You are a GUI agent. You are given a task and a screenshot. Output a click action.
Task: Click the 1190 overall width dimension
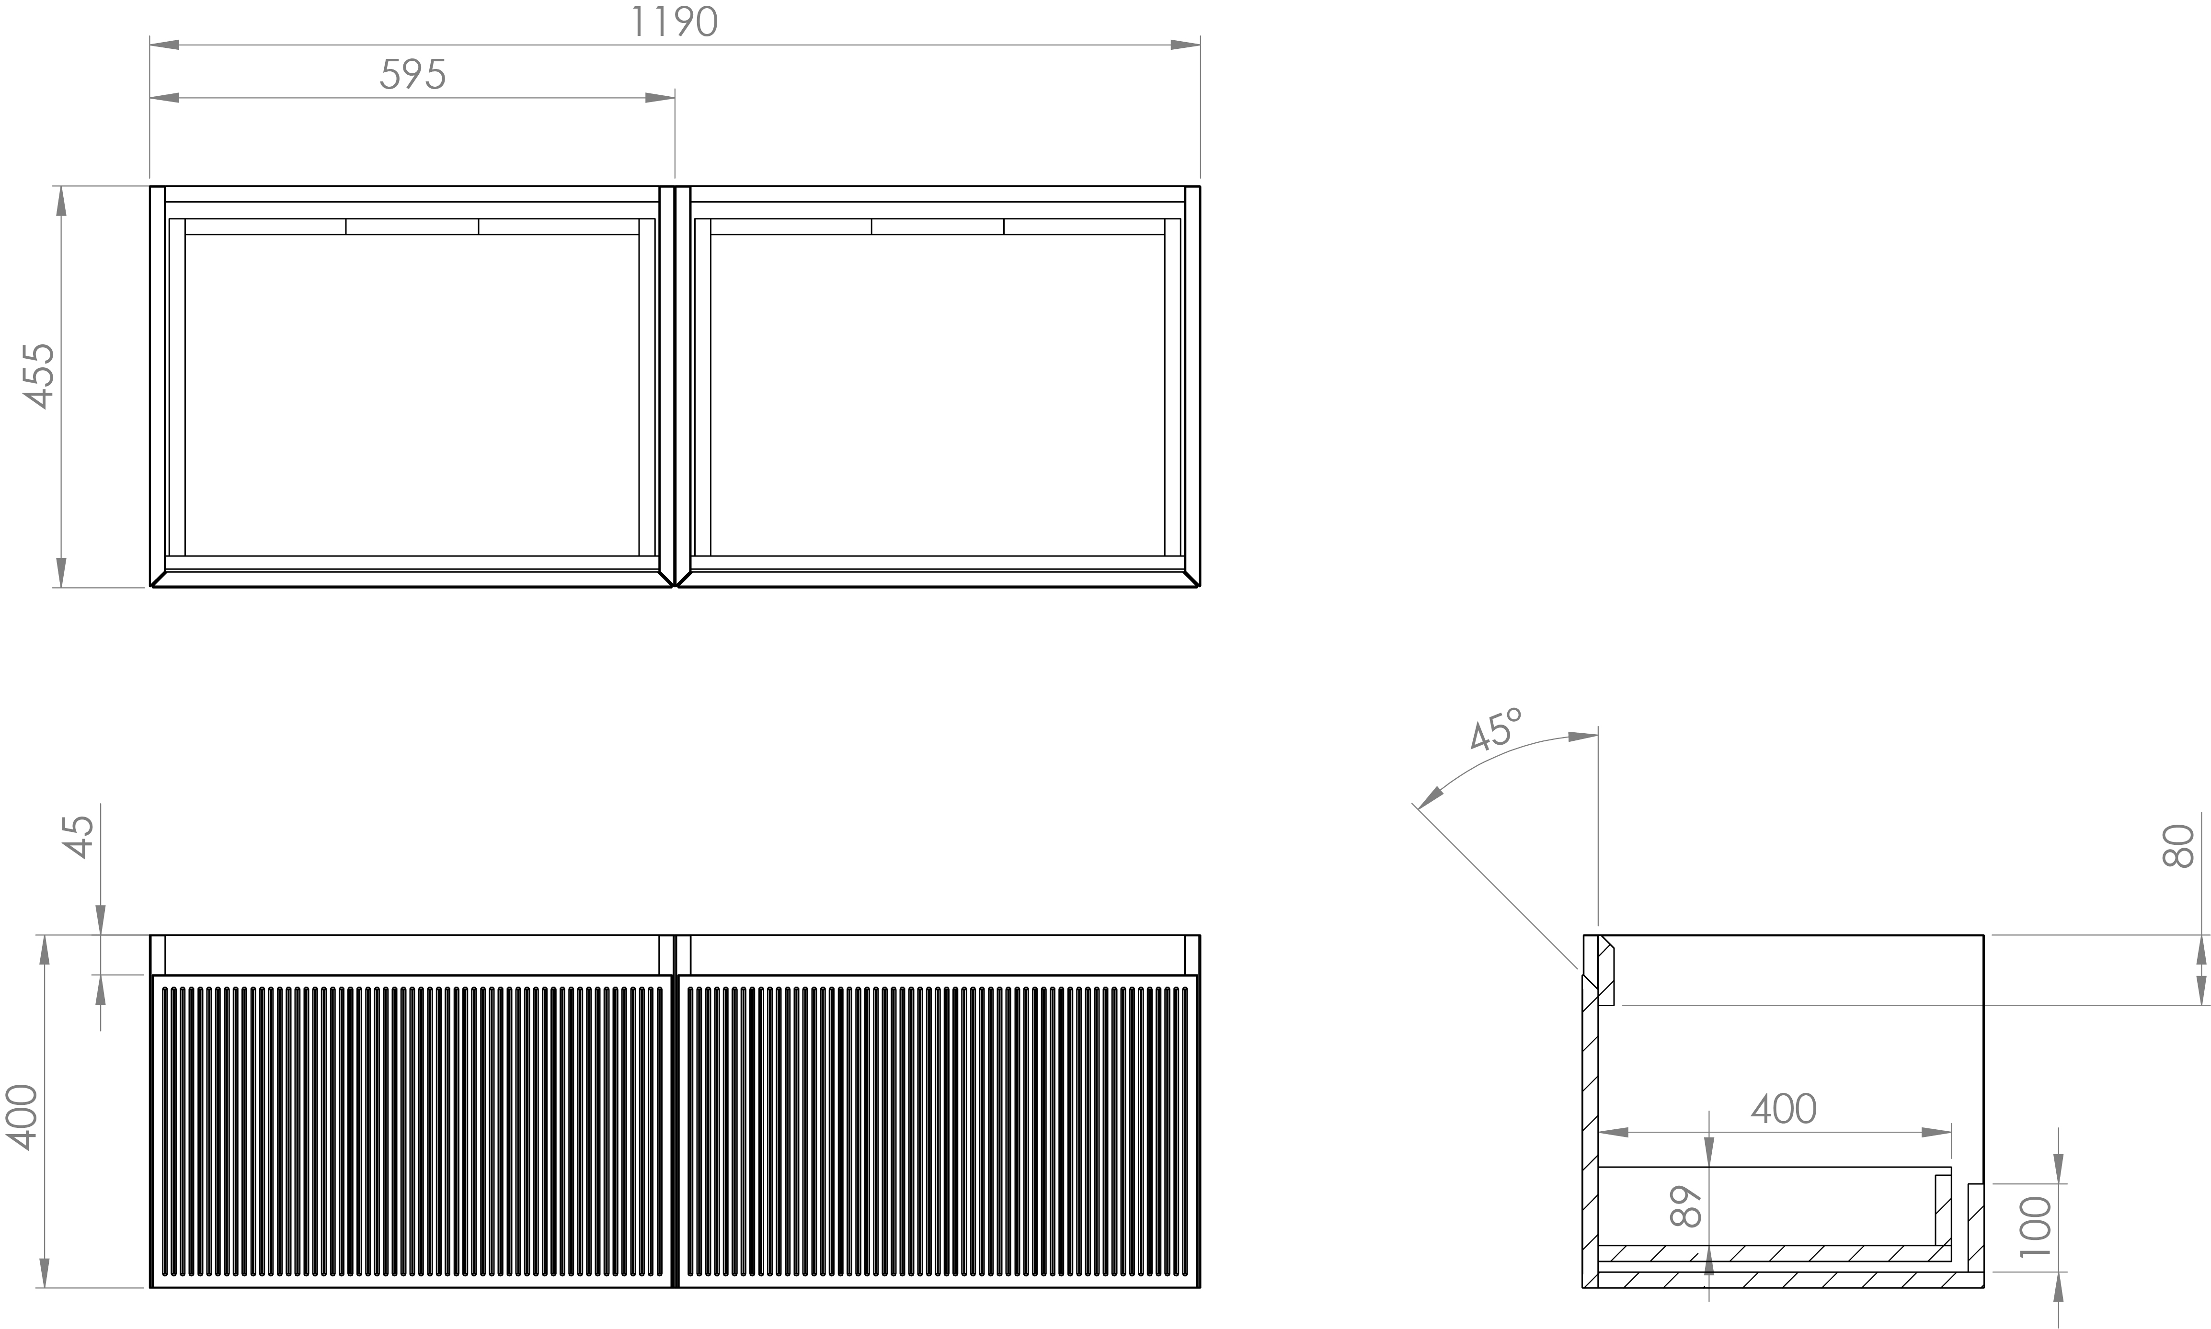tap(674, 23)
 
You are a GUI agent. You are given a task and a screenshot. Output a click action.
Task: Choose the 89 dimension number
tap(1686, 1206)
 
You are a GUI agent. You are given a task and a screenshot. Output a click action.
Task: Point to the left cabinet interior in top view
tap(411, 394)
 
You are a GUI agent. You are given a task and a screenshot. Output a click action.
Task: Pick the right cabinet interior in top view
tap(937, 394)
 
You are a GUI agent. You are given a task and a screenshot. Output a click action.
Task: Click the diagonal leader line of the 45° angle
tap(1496, 886)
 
